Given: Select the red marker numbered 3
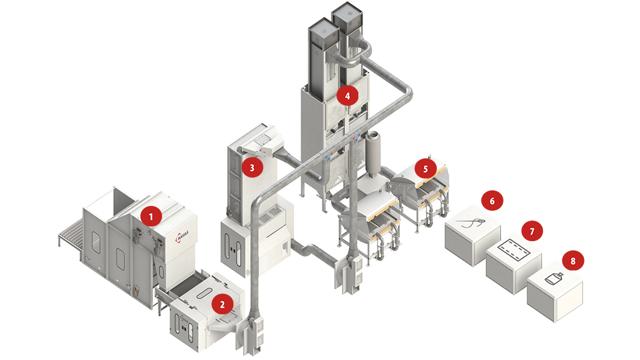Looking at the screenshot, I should point(251,166).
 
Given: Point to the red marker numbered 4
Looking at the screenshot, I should point(347,95).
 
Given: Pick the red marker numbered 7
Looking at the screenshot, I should point(532,231).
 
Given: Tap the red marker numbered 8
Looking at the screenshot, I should point(572,260).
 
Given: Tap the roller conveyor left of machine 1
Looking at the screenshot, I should point(72,235).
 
